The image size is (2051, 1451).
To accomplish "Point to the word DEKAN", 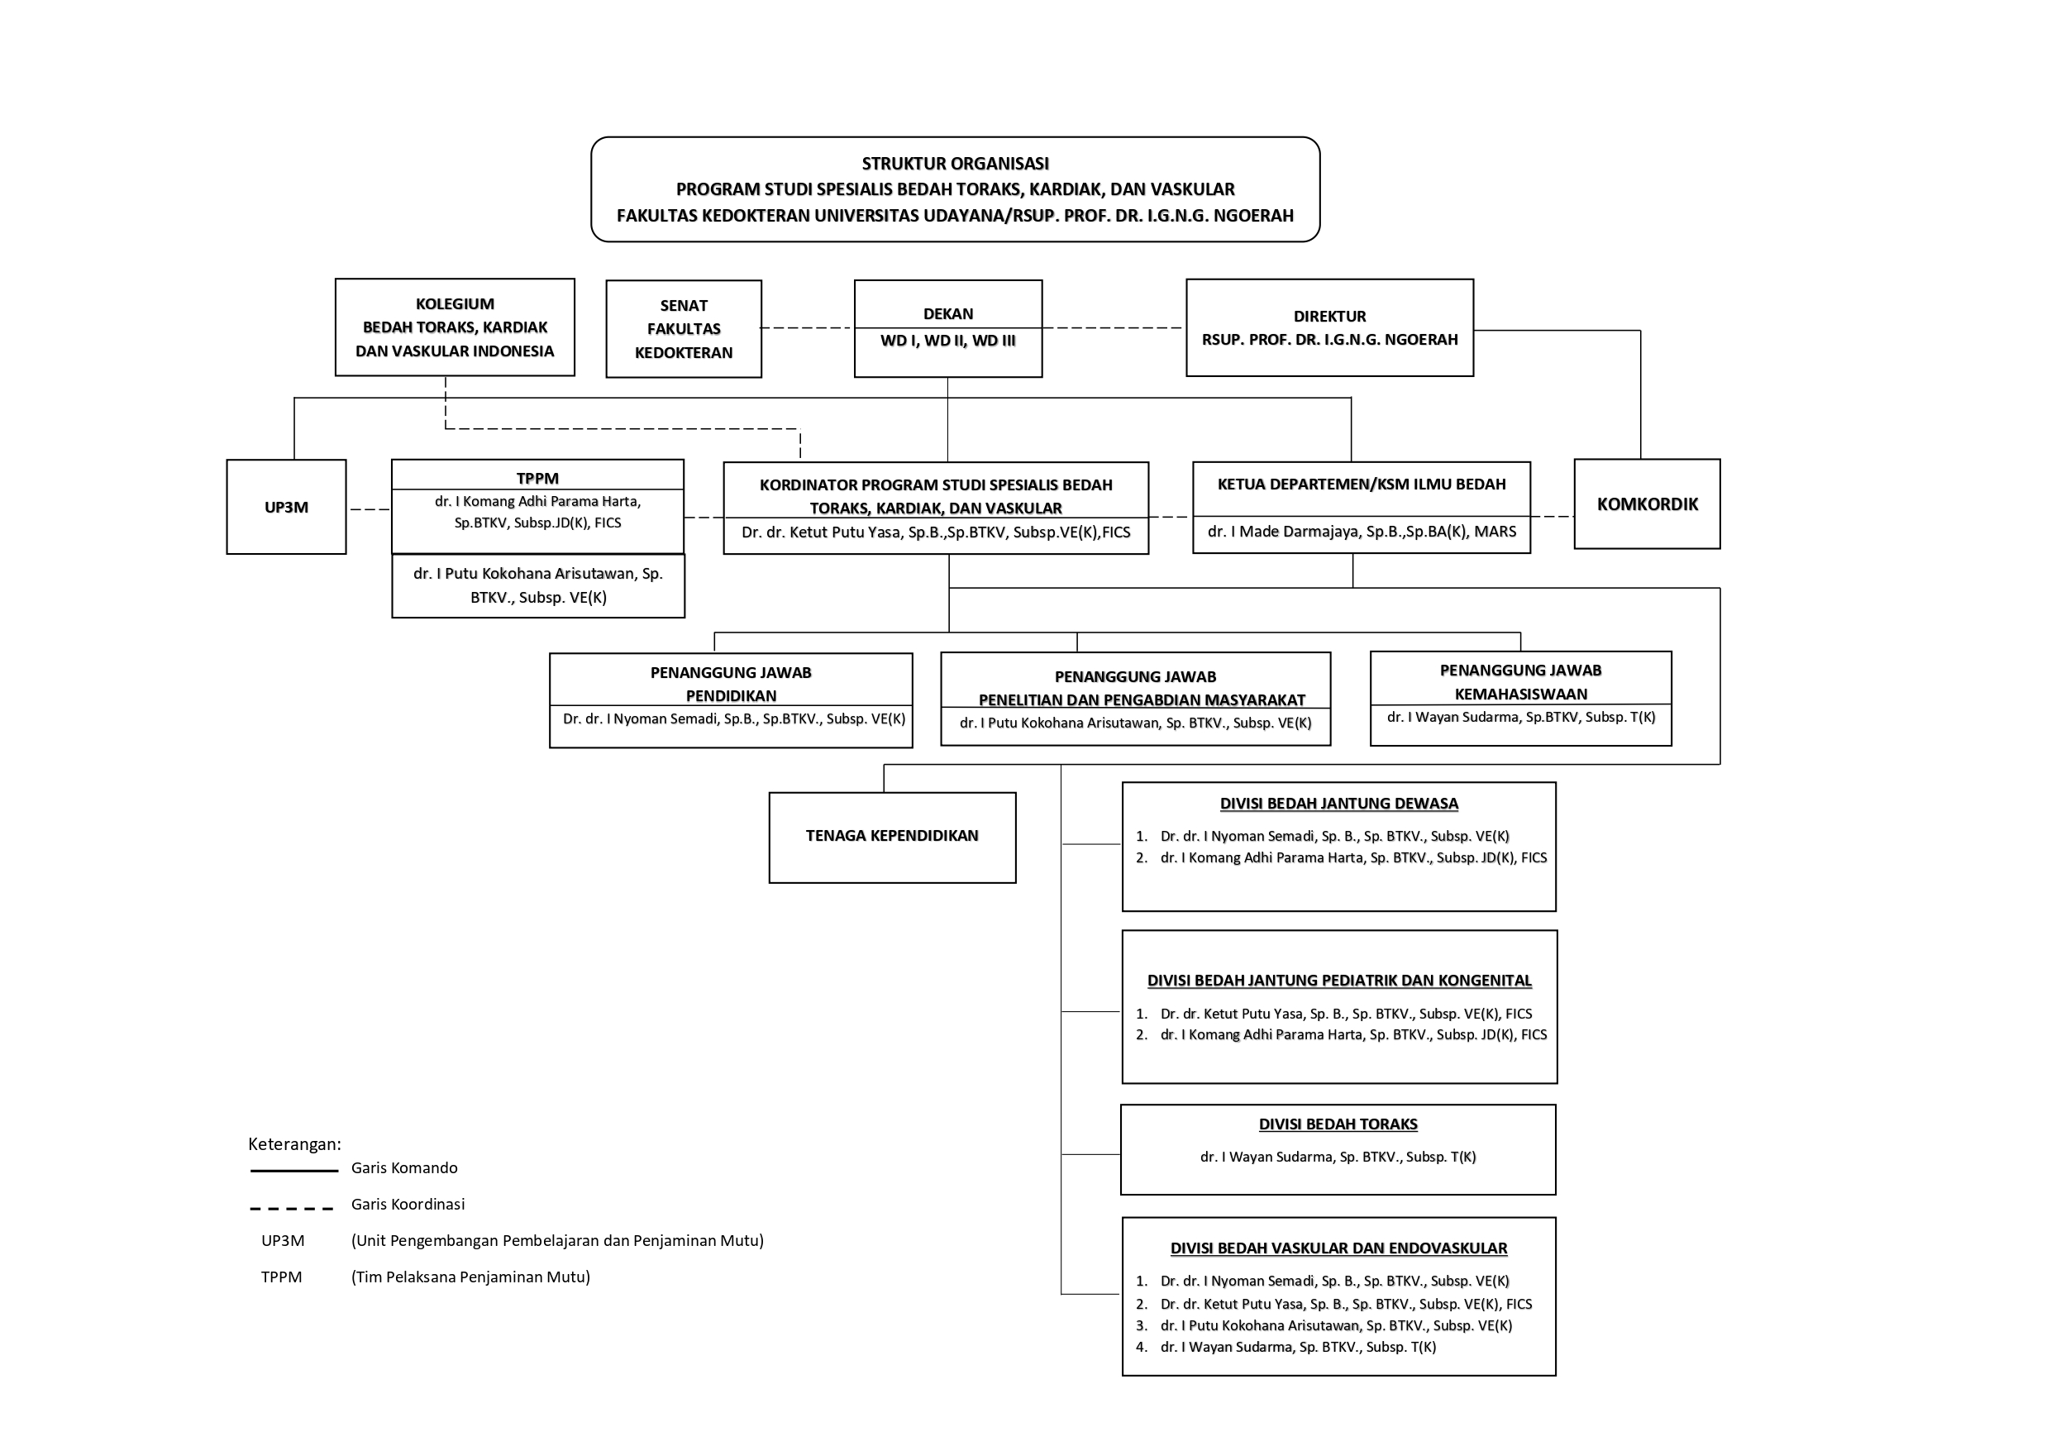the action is [947, 313].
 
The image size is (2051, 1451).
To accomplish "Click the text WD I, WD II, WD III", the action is [947, 341].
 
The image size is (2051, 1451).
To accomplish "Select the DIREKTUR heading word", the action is [1329, 317].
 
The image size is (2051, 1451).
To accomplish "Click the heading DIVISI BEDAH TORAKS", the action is [1338, 1124].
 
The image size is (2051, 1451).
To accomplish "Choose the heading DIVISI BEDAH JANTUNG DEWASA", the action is [1339, 804].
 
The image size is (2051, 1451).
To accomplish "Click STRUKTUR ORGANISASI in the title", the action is [955, 164].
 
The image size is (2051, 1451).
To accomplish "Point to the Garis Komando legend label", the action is [405, 1167].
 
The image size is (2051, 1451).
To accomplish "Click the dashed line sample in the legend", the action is [291, 1208].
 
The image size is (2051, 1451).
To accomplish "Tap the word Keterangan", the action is [294, 1144].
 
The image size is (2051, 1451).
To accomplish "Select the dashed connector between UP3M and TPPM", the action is [369, 509].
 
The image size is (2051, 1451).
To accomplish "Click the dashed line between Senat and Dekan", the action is [807, 328].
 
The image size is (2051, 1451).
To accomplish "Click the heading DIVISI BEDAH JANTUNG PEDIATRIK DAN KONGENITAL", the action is [1339, 980].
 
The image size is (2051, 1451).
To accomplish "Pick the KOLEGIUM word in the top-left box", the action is [455, 303].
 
